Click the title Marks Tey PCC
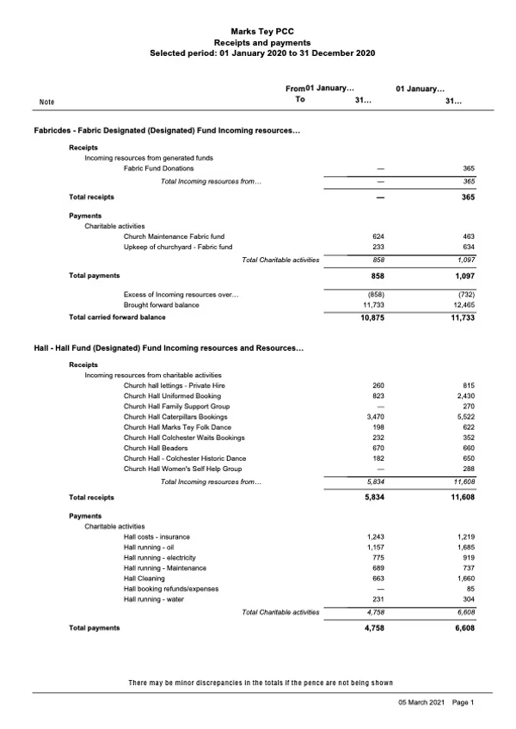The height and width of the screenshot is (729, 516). pyautogui.click(x=261, y=29)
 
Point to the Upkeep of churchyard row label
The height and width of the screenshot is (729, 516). pyautogui.click(x=178, y=247)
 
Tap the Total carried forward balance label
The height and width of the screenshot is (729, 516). pyautogui.click(x=117, y=317)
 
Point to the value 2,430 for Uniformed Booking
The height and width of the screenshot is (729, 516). pyautogui.click(x=464, y=396)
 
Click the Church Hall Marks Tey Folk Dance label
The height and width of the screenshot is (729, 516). pyautogui.click(x=177, y=427)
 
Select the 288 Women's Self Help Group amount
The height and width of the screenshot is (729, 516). pyautogui.click(x=469, y=469)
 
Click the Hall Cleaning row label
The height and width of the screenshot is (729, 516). pyautogui.click(x=148, y=579)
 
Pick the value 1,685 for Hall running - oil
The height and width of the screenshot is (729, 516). pyautogui.click(x=464, y=547)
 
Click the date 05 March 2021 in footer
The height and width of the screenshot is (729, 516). pyautogui.click(x=421, y=702)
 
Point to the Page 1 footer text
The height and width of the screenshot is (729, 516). pyautogui.click(x=463, y=702)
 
